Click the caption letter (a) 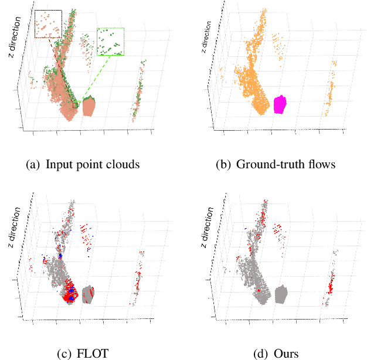[x=33, y=164]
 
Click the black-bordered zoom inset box [x=48, y=23]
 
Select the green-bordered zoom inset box [x=111, y=41]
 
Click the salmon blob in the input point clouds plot [x=89, y=107]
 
